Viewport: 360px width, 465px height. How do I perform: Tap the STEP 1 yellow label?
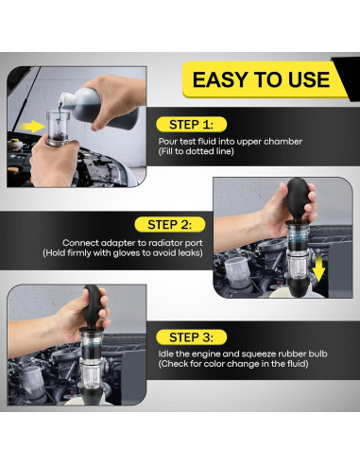(x=191, y=125)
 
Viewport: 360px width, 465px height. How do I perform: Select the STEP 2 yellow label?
(x=170, y=225)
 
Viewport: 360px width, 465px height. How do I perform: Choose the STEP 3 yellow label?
(x=191, y=337)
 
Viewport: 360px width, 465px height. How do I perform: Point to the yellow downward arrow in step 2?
(x=318, y=268)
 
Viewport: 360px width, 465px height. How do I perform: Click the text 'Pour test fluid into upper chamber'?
(x=231, y=142)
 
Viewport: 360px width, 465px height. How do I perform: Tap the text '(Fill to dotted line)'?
(x=196, y=151)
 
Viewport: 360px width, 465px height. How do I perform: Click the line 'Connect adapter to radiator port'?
(x=132, y=243)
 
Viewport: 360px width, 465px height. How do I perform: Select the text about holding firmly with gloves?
(x=123, y=253)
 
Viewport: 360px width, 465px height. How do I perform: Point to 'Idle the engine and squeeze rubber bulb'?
(x=243, y=353)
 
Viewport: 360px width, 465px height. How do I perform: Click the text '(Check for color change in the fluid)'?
(x=233, y=364)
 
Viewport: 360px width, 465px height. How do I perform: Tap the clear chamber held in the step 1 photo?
(x=57, y=128)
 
